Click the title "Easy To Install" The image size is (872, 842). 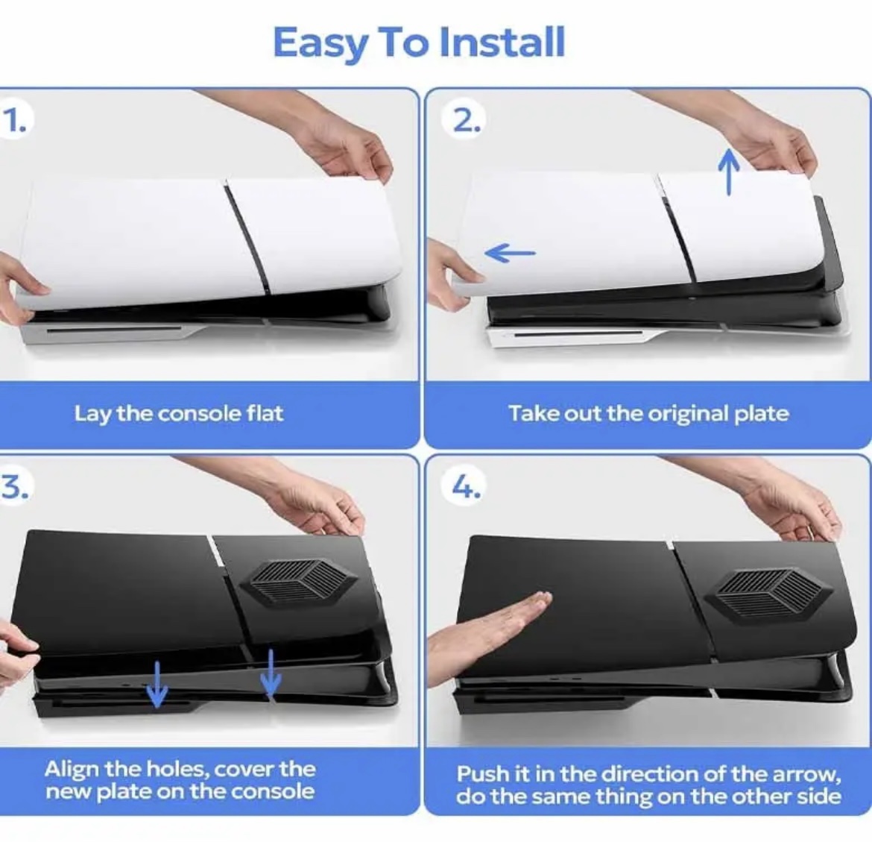(x=419, y=43)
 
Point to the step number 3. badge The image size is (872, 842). (x=14, y=486)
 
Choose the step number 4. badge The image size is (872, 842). (x=467, y=488)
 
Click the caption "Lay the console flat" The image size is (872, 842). (x=179, y=413)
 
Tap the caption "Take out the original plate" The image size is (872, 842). (x=648, y=413)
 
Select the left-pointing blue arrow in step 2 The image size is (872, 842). (x=510, y=254)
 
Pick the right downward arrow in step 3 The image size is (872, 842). (x=271, y=673)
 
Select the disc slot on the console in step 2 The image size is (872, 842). (x=578, y=334)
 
